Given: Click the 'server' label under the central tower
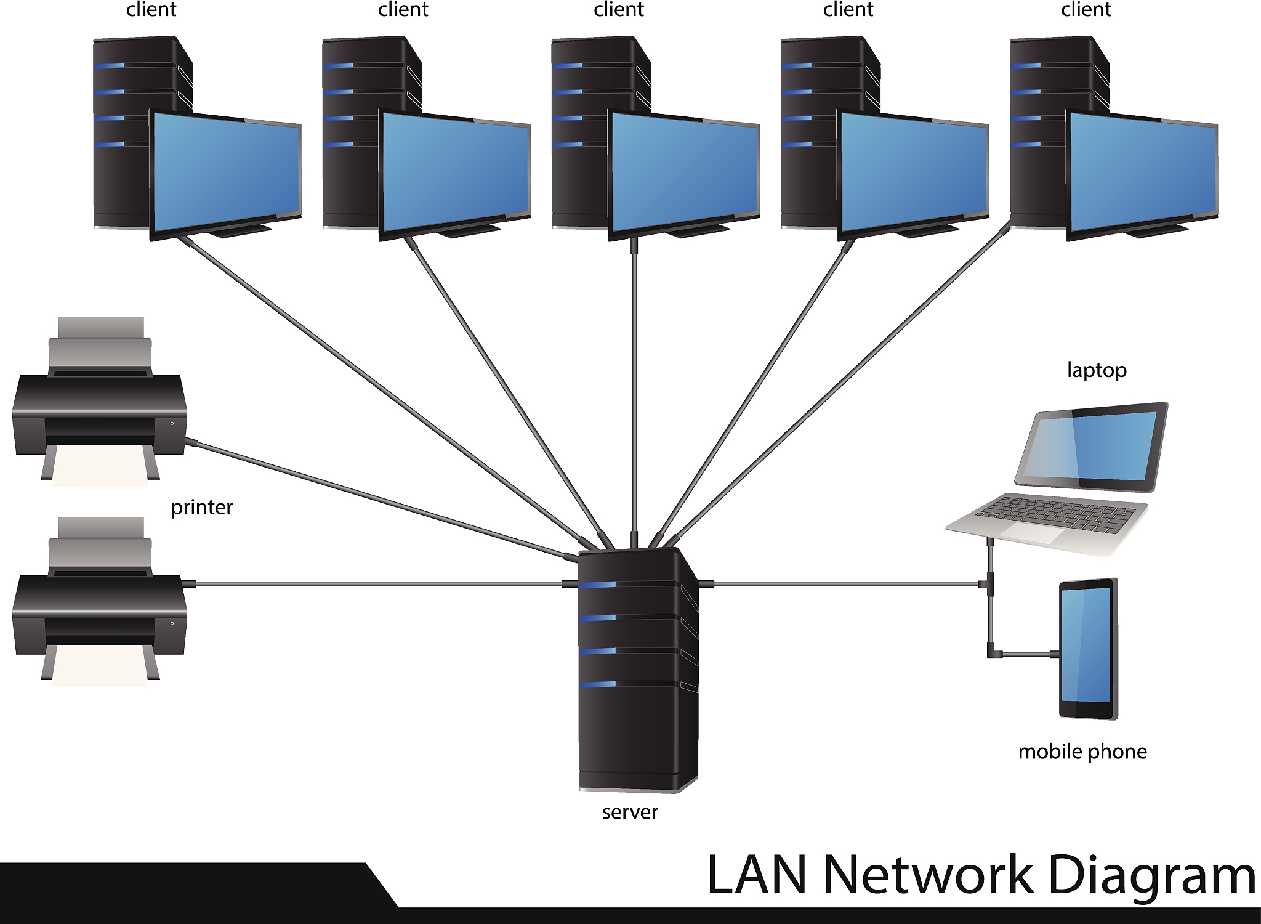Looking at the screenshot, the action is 630,812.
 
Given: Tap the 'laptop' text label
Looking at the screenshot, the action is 1097,370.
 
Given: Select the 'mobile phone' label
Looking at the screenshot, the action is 1082,752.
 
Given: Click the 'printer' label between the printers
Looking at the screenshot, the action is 201,507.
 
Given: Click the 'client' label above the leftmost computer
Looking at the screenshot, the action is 151,9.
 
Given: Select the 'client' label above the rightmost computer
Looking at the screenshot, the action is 1086,9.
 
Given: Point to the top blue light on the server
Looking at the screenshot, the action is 597,585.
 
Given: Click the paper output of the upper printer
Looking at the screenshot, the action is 100,466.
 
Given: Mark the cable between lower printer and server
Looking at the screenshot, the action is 380,583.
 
